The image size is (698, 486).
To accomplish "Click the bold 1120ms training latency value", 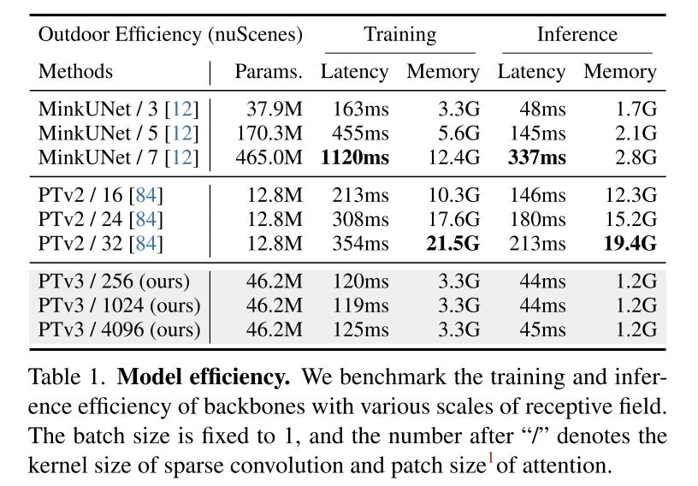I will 354,158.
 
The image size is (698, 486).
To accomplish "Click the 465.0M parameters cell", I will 269,158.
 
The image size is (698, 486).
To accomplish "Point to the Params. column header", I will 269,72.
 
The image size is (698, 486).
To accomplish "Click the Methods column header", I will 75,72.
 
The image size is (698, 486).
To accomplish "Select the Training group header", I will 399,35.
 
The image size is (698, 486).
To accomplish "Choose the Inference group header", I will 577,35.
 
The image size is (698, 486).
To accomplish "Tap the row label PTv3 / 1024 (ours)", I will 119,305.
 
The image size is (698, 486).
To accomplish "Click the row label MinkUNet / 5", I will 118,134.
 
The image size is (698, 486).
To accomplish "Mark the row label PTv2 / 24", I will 101,220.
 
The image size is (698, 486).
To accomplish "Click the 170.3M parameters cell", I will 269,134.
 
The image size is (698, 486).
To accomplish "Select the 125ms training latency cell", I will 360,329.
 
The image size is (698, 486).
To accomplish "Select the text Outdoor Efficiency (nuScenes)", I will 170,35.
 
